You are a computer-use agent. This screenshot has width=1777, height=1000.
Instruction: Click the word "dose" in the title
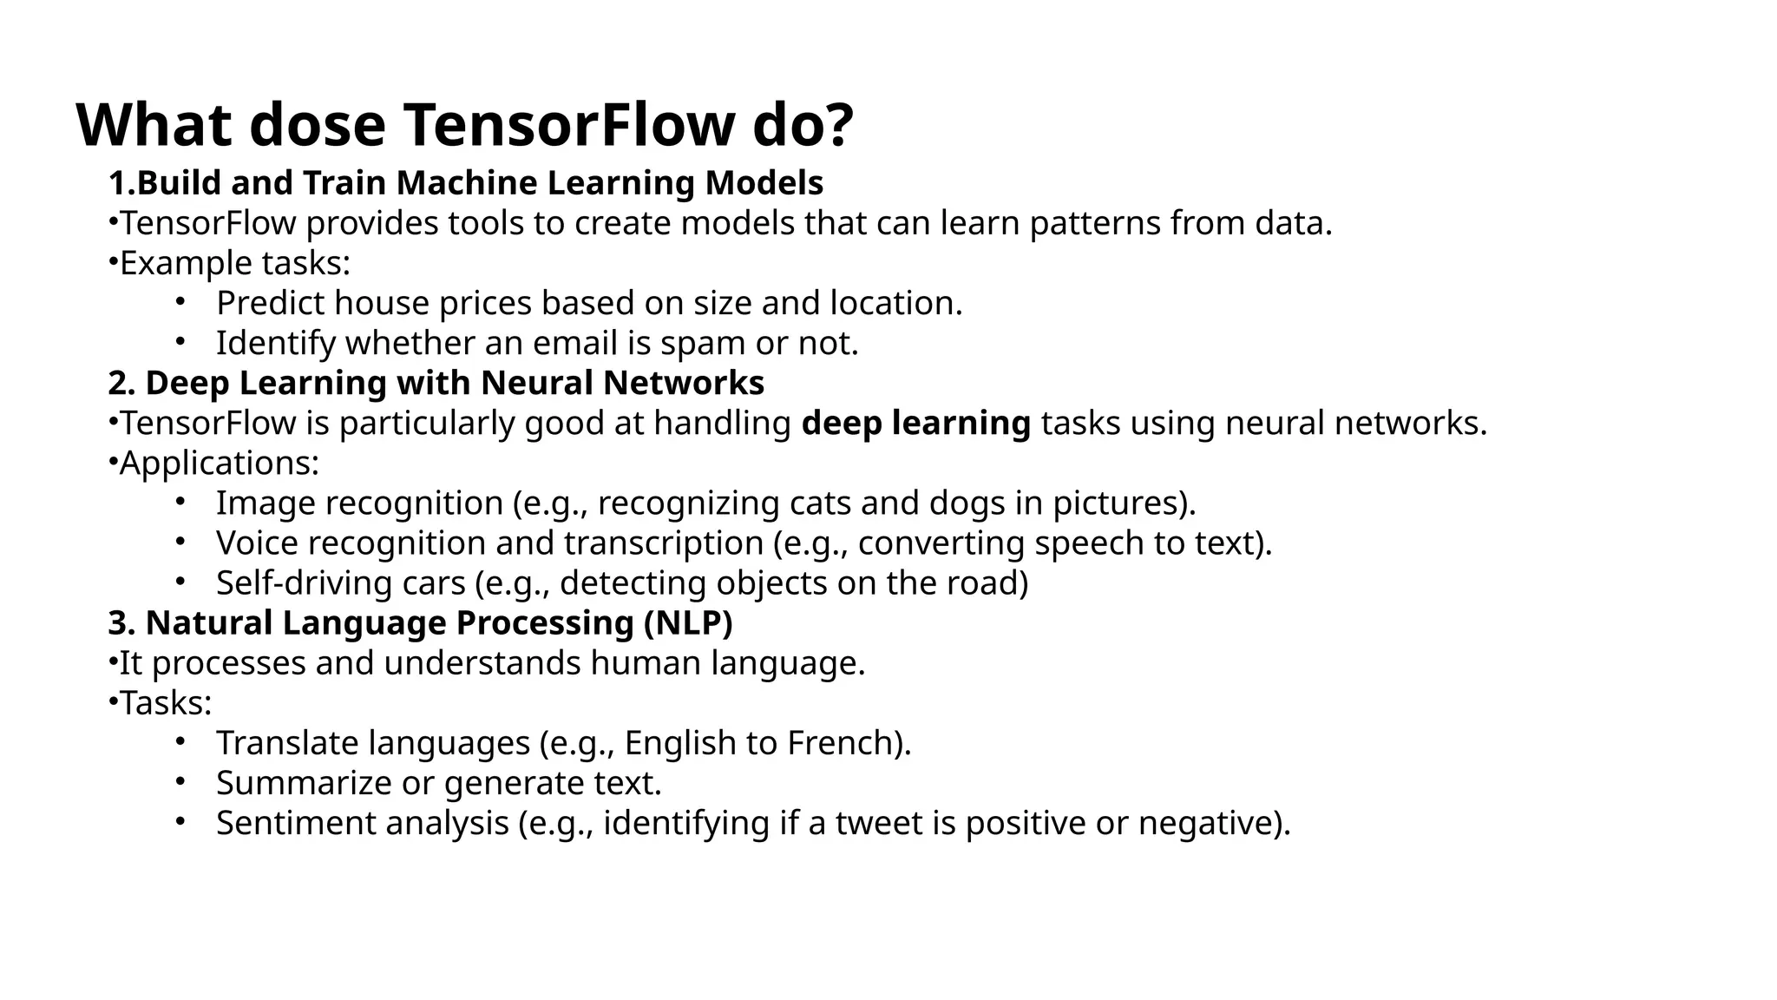[x=317, y=125]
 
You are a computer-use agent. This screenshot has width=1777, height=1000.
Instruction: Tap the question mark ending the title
[x=836, y=125]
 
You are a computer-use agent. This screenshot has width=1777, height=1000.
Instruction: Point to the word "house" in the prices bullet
[x=382, y=304]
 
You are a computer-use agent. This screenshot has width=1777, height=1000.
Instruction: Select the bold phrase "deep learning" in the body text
[x=915, y=424]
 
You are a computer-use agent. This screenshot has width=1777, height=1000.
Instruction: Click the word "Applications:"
[x=220, y=464]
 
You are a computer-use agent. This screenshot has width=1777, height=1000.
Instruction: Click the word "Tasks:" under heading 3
[x=166, y=703]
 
